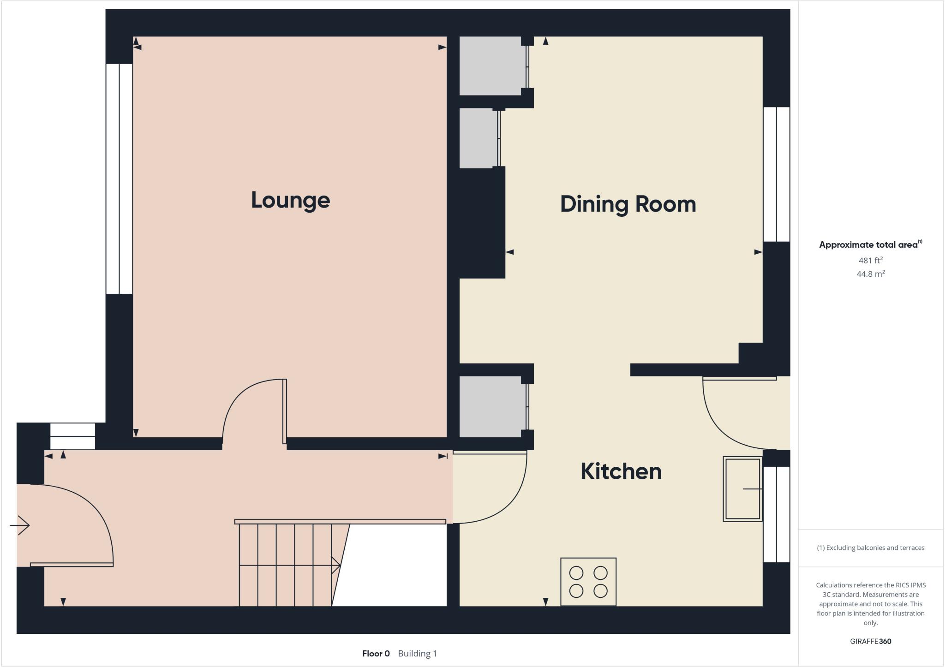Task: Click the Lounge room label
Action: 290,200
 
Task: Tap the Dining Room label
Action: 628,204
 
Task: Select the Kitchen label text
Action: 621,471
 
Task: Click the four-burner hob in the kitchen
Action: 588,582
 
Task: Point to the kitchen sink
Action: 742,489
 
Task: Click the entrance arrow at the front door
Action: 20,525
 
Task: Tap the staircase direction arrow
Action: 336,565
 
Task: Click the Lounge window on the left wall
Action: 119,179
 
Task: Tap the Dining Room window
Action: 776,174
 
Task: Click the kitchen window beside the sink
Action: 776,514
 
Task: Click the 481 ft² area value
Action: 870,260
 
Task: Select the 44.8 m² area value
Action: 870,274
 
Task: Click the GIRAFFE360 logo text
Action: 870,641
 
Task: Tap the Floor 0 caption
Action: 376,654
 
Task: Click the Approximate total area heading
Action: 868,245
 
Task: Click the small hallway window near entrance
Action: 72,436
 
